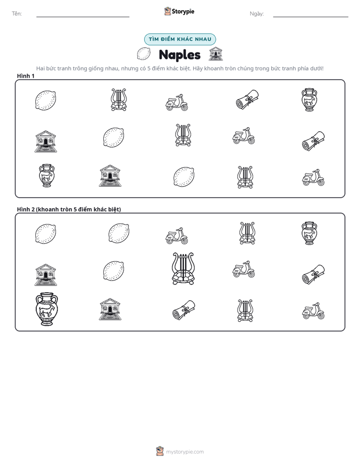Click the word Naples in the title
(x=179, y=55)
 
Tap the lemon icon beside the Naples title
(x=144, y=54)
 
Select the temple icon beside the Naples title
(x=216, y=54)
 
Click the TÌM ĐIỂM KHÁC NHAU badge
(x=180, y=39)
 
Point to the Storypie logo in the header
(x=179, y=11)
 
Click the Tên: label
(x=17, y=14)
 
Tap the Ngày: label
(x=257, y=14)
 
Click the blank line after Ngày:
(x=311, y=17)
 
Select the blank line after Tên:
(x=83, y=17)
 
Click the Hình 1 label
(x=26, y=76)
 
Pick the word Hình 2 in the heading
(x=26, y=209)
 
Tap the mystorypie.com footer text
(x=185, y=452)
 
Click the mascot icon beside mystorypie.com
(x=160, y=451)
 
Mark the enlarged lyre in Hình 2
(x=183, y=269)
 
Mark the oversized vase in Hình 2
(x=47, y=309)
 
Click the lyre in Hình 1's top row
(x=118, y=100)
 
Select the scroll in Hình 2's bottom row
(x=184, y=310)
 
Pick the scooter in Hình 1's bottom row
(x=314, y=178)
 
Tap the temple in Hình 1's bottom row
(x=110, y=176)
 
